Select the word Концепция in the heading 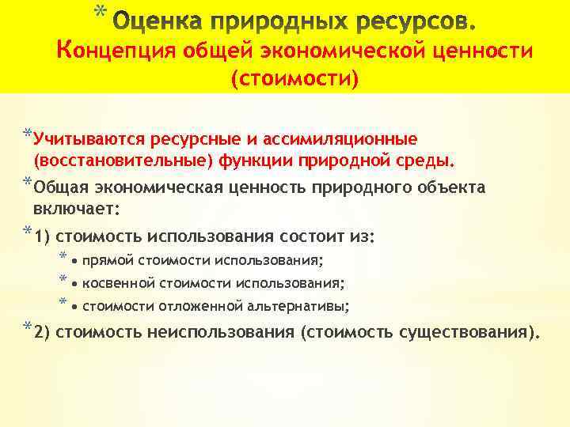coord(116,51)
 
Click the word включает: coord(76,210)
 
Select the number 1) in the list coord(43,236)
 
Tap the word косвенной coord(117,282)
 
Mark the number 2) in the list coord(43,332)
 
